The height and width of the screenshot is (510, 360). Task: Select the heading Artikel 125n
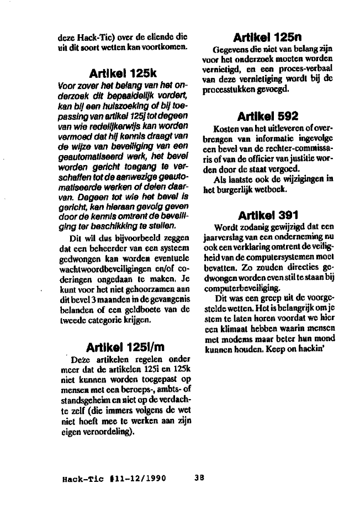point(267,38)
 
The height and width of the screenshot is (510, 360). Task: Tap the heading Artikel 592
point(267,116)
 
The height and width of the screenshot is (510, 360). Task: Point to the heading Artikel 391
point(267,215)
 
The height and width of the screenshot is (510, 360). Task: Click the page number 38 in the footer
point(200,479)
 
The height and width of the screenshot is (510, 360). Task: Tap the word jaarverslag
point(232,236)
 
